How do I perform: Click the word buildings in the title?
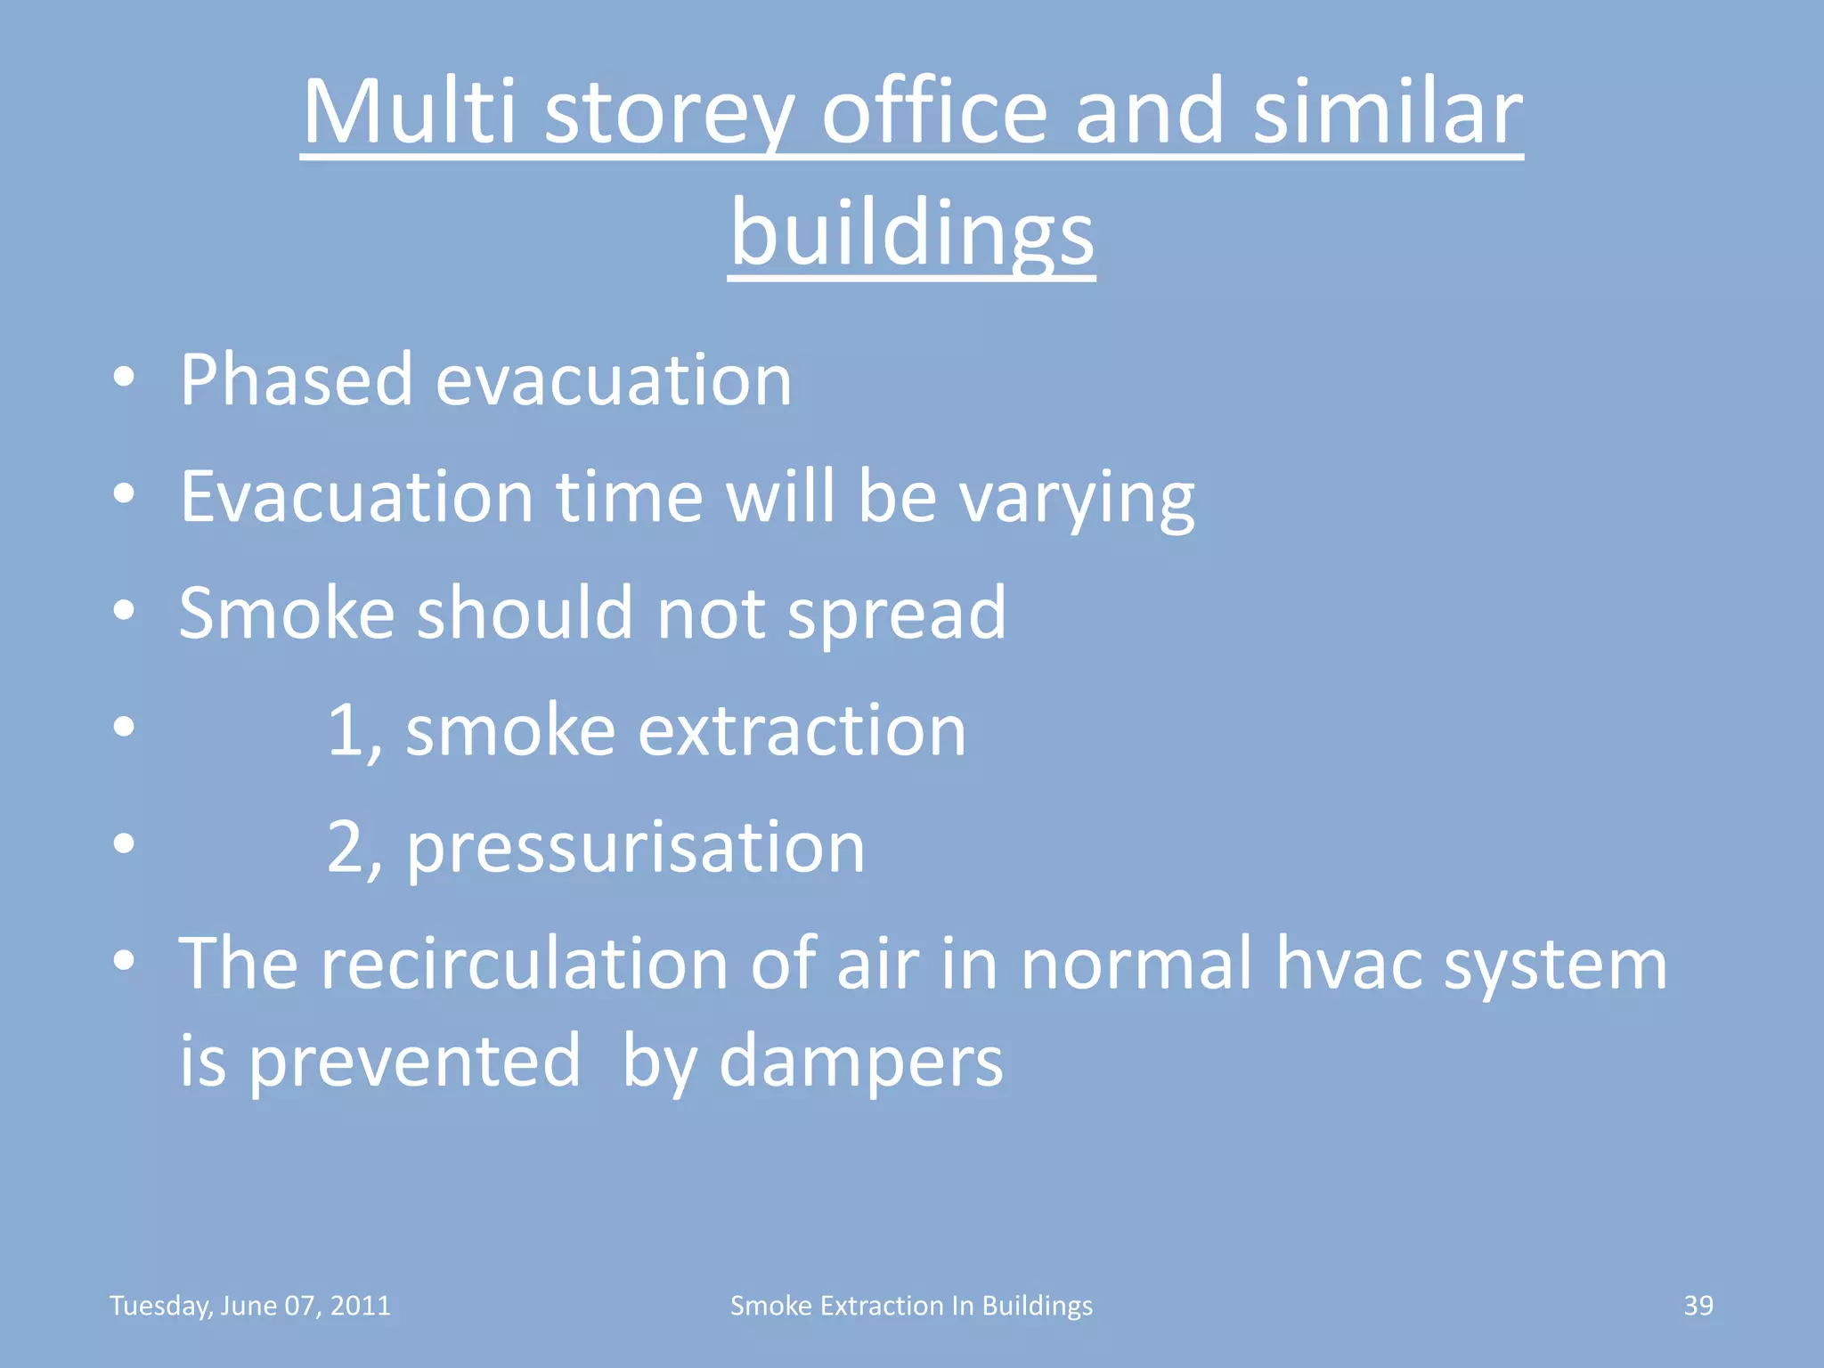(x=912, y=233)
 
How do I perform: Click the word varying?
(x=1077, y=499)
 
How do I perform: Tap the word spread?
(x=897, y=615)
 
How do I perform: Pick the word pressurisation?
(x=635, y=849)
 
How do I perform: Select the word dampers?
(x=860, y=1063)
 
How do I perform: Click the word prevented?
(x=414, y=1063)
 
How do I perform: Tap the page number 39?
(x=1698, y=1306)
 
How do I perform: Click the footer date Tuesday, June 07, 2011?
(x=249, y=1306)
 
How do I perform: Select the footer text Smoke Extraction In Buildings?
(x=911, y=1306)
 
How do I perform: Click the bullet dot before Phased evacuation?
(x=124, y=378)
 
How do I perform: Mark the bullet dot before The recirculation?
(x=124, y=961)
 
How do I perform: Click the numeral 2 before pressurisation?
(x=345, y=847)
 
